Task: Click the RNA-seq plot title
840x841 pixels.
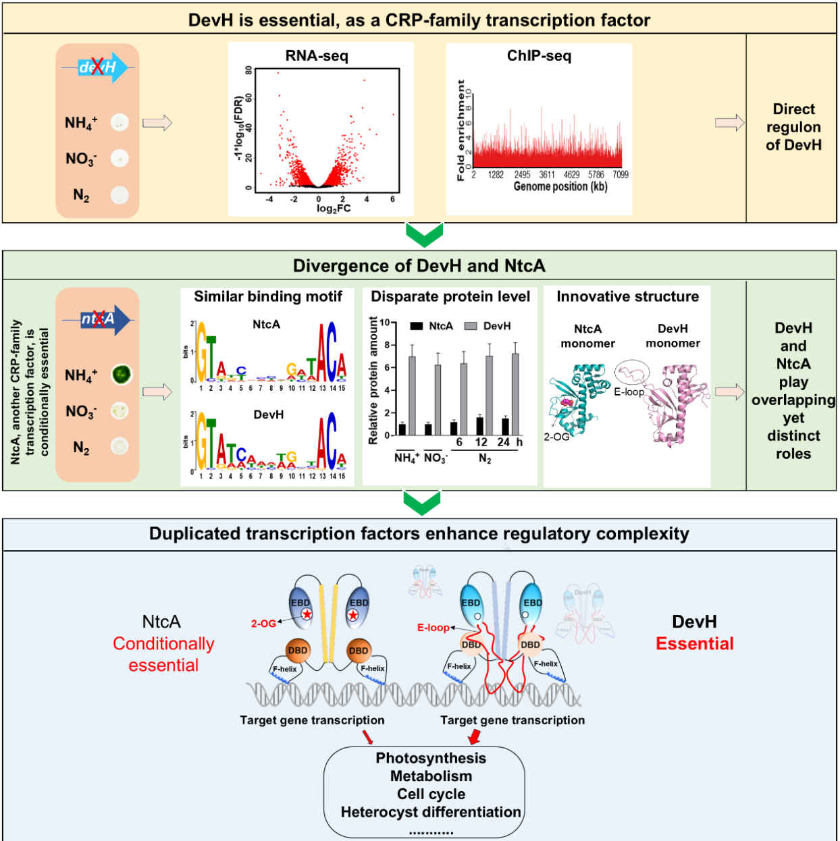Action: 317,56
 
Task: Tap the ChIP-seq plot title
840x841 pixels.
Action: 539,56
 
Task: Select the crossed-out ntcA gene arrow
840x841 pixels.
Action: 99,320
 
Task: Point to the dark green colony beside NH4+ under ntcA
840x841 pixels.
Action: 122,374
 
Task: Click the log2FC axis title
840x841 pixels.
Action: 334,209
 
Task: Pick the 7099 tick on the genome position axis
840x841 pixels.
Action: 621,175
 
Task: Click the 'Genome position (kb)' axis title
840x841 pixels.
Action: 560,187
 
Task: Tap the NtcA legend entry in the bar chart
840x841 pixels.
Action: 433,326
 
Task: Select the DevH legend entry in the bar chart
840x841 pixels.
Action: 489,326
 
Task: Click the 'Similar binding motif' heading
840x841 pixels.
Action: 268,297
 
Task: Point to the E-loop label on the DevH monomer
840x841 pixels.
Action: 629,391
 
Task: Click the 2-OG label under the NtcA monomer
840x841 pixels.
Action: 557,437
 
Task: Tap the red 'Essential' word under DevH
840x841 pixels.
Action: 695,644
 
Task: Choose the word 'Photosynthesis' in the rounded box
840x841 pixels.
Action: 431,759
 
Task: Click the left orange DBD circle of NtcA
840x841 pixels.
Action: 298,651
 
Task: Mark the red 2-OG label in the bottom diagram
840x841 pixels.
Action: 263,624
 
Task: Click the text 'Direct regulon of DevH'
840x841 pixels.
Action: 793,127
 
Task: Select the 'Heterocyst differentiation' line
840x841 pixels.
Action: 431,812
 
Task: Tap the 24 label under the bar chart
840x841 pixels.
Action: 503,442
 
